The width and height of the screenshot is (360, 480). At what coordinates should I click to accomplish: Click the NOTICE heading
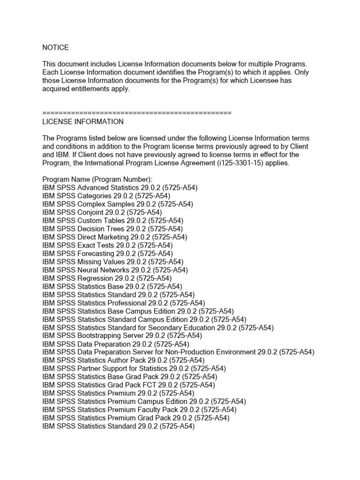click(x=55, y=47)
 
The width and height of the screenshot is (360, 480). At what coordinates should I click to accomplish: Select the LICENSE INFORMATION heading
click(x=83, y=121)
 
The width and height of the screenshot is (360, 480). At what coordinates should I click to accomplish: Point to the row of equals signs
click(x=137, y=113)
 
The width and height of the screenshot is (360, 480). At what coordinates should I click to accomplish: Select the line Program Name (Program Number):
click(x=97, y=179)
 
